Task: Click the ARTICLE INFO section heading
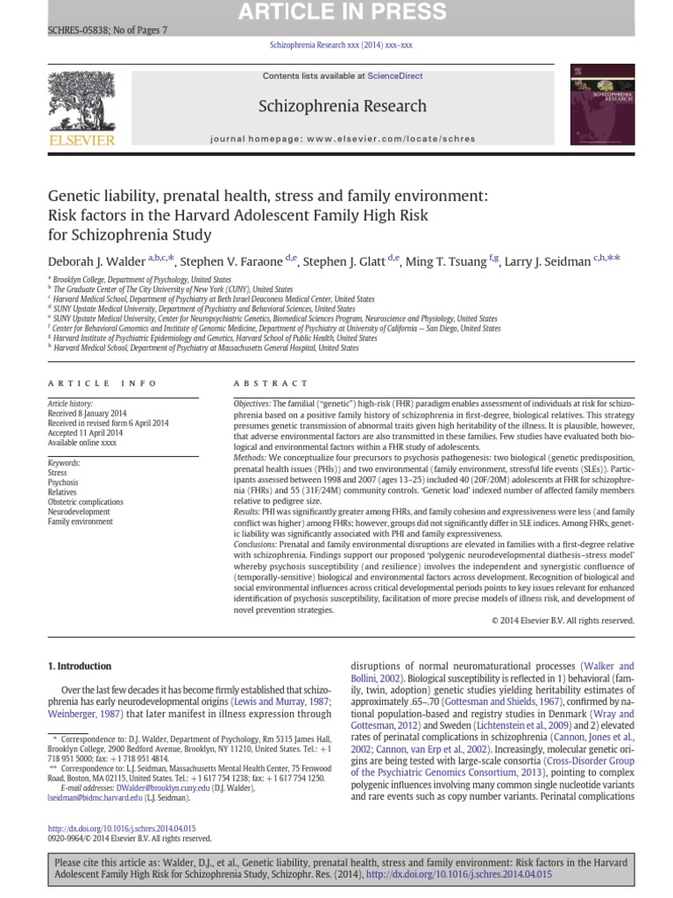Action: click(x=103, y=383)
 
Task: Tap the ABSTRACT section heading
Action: click(x=271, y=383)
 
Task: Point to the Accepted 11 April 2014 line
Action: click(x=86, y=431)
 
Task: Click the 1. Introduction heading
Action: click(x=79, y=666)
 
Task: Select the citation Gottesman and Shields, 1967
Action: click(x=492, y=702)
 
